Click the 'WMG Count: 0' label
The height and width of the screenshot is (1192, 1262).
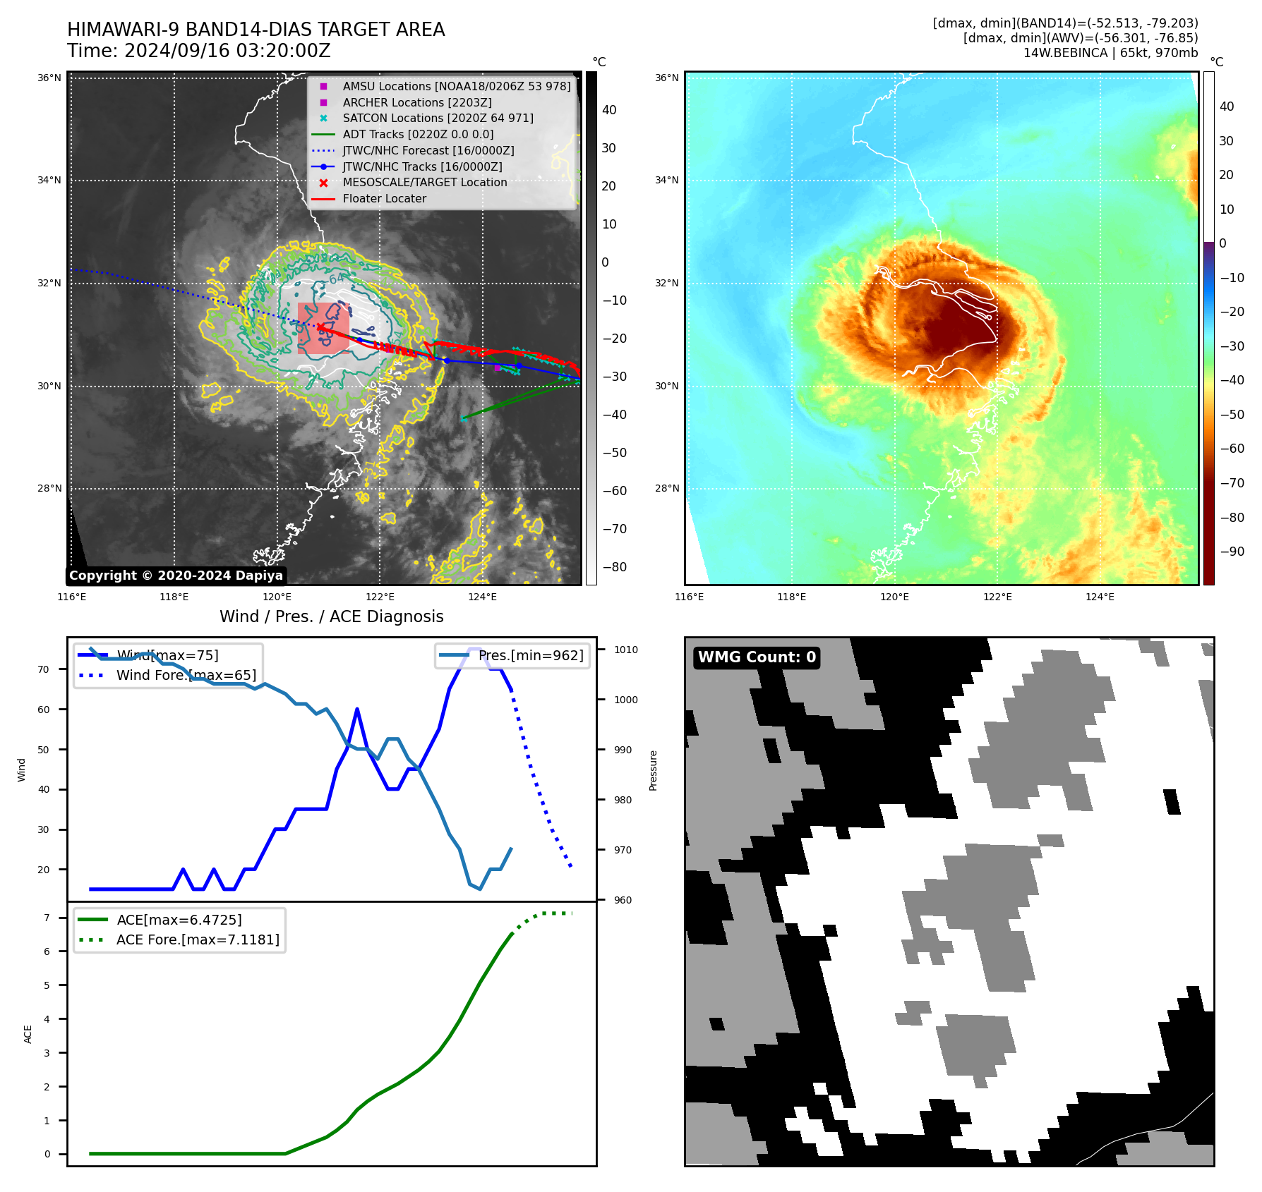757,657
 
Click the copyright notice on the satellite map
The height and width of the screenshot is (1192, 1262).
176,576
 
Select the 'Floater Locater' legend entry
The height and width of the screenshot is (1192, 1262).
384,199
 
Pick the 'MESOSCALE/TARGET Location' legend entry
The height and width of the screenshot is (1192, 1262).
424,183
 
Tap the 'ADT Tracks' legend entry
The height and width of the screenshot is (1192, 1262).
418,135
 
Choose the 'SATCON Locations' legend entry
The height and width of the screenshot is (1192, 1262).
438,118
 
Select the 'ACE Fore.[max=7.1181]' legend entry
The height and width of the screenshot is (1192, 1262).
198,940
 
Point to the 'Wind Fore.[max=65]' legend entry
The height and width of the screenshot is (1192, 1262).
186,676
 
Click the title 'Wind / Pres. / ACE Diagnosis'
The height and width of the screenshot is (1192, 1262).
332,617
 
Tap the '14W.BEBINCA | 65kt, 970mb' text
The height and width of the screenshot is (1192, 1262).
1110,53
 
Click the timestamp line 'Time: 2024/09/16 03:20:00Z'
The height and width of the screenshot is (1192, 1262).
199,51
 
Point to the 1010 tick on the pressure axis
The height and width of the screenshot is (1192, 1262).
625,650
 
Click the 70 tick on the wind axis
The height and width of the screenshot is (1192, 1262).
44,670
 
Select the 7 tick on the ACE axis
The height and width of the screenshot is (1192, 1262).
47,918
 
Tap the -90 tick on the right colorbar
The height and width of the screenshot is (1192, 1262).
1232,552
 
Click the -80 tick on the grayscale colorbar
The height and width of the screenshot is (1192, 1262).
614,567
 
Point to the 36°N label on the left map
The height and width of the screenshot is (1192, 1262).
49,78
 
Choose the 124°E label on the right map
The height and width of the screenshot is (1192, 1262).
1100,597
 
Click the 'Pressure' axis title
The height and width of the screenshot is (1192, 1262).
654,770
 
